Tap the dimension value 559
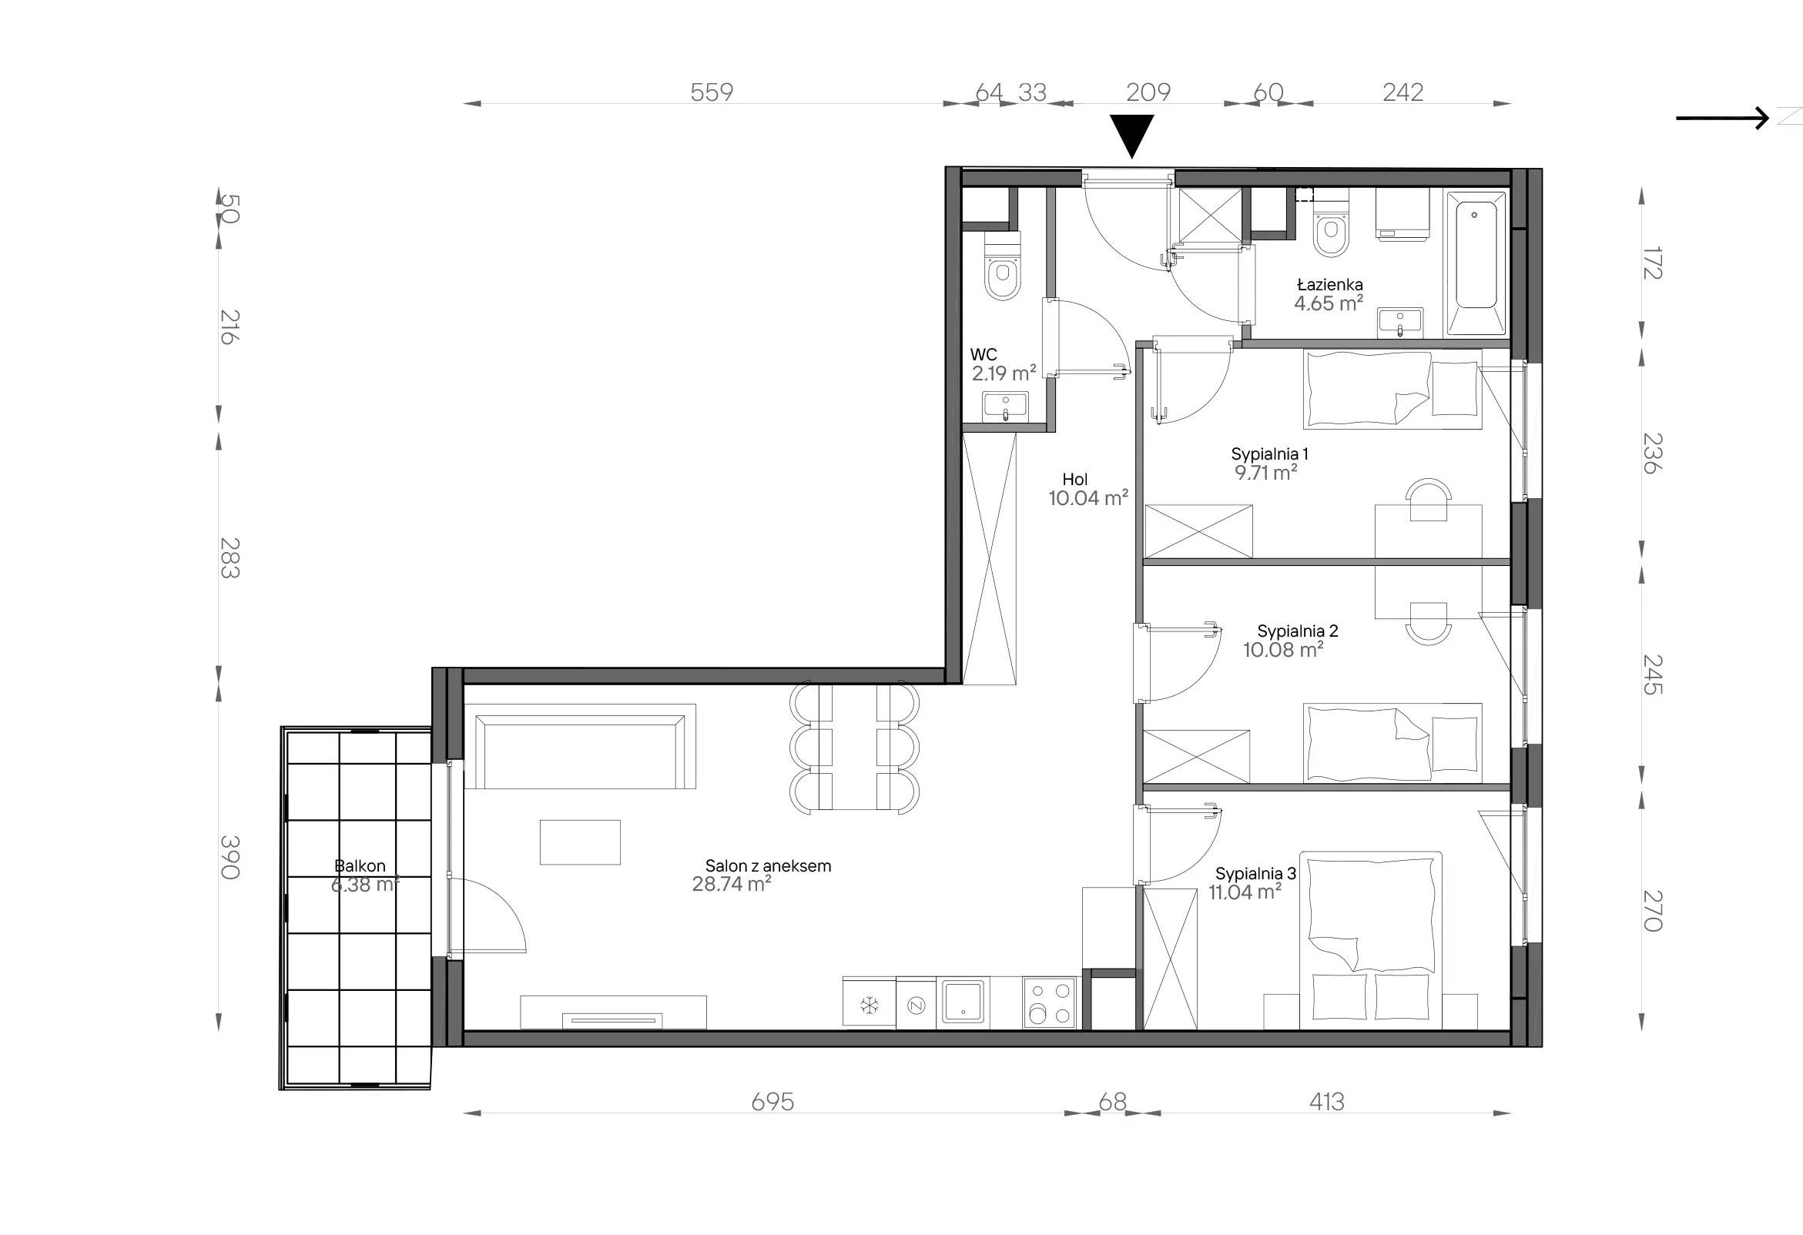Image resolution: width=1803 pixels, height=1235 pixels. [x=712, y=92]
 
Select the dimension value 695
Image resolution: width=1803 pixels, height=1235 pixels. [x=772, y=1102]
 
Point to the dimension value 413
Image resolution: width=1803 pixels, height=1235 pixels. [x=1326, y=1102]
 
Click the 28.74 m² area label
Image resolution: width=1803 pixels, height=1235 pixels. [x=732, y=885]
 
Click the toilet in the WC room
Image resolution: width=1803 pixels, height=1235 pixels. [x=1002, y=268]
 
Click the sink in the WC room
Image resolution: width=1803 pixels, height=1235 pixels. [x=1004, y=407]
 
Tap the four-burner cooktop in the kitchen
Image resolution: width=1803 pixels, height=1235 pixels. [x=1049, y=1003]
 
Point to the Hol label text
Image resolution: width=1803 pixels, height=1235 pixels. [x=1075, y=480]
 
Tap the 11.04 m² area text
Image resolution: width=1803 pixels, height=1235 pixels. [x=1245, y=893]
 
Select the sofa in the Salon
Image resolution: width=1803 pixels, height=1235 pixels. [x=579, y=746]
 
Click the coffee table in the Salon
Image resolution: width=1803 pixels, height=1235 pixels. [x=580, y=842]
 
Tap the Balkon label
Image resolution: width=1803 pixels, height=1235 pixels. [x=360, y=865]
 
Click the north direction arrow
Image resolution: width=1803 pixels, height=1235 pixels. [x=1722, y=118]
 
